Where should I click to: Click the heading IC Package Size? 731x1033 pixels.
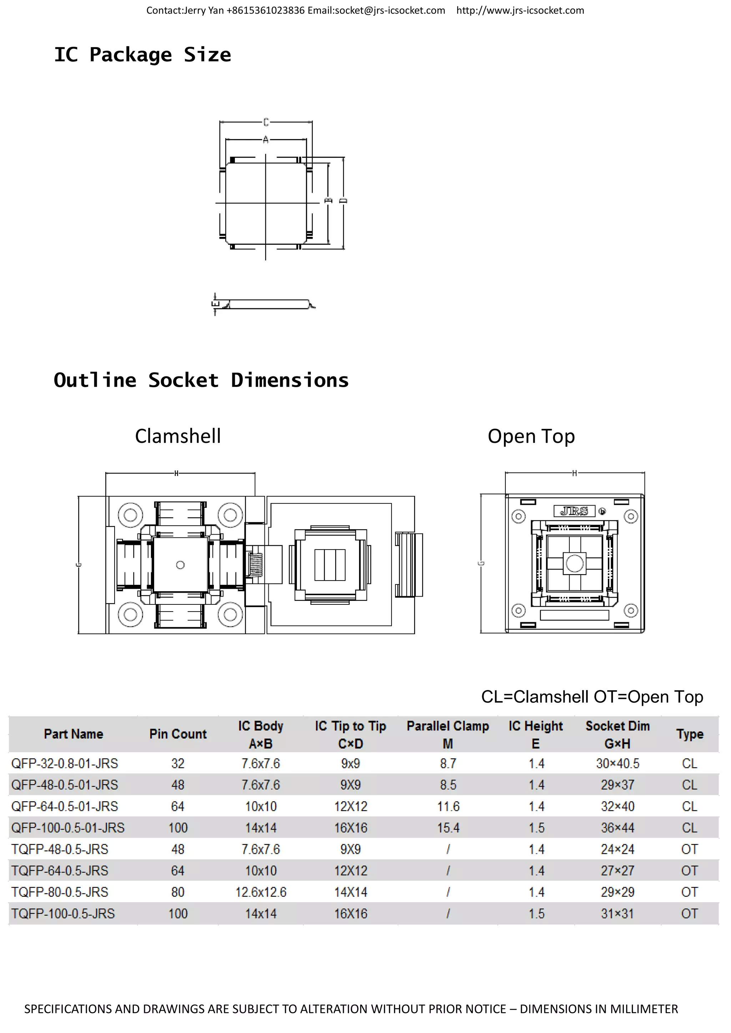(x=142, y=55)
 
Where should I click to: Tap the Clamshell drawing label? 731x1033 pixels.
(x=178, y=436)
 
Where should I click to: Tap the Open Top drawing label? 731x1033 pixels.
(x=531, y=436)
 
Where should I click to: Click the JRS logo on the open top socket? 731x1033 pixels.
(x=574, y=511)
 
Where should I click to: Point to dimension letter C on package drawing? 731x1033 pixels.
(x=266, y=122)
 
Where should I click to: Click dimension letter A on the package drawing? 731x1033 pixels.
(x=266, y=140)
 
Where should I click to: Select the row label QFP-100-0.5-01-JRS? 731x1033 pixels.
(x=68, y=827)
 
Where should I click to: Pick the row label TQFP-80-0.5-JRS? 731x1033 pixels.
(x=60, y=892)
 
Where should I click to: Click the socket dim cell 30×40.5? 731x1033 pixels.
(x=617, y=764)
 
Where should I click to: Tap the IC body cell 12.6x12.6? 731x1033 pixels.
(x=261, y=892)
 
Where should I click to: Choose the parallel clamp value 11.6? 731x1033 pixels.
(x=448, y=806)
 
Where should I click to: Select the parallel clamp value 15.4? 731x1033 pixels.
(x=448, y=827)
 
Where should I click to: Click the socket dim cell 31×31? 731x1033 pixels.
(x=617, y=913)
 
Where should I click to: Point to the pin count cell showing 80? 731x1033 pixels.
(x=178, y=892)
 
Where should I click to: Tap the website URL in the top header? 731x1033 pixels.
(x=520, y=10)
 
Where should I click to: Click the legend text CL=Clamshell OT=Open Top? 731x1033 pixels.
(x=592, y=697)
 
